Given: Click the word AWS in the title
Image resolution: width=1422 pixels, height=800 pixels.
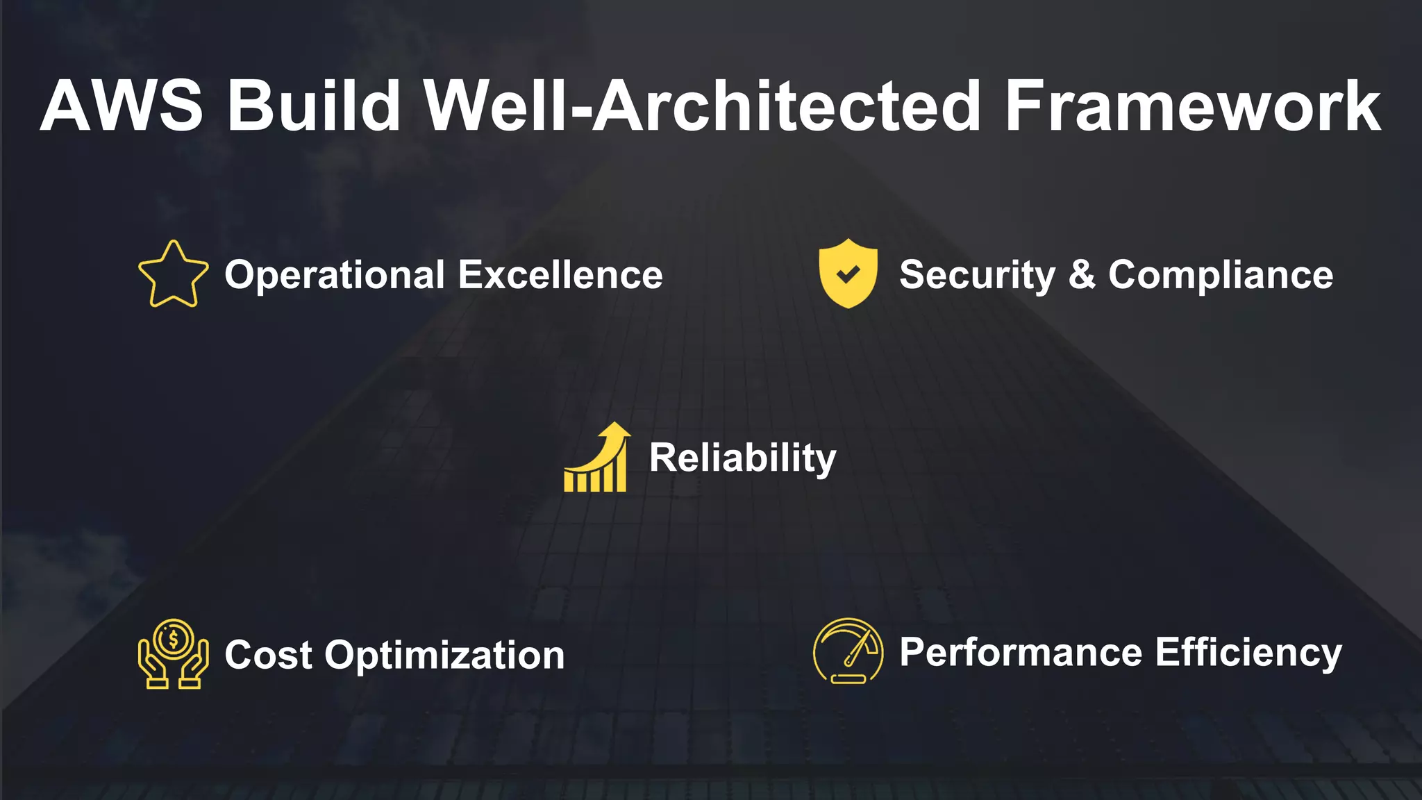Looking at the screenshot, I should [122, 106].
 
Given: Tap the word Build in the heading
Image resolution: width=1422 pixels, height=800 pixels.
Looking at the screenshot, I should [314, 106].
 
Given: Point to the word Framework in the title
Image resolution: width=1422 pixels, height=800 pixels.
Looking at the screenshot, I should [1192, 106].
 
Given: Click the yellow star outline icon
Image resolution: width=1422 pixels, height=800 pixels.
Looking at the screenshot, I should [173, 275].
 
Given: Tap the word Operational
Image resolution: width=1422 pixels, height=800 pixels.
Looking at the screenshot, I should [335, 275].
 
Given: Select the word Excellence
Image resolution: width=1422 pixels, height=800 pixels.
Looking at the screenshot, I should [560, 275].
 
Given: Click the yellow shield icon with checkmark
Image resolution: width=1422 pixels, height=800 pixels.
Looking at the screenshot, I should [848, 274].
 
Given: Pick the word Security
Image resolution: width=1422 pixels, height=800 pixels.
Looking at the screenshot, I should [977, 275].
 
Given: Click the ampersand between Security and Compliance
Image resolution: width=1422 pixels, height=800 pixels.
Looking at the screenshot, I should [1082, 275].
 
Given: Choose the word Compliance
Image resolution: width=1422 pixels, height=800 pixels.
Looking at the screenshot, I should [1221, 275].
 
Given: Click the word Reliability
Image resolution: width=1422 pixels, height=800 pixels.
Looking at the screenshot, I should [742, 458].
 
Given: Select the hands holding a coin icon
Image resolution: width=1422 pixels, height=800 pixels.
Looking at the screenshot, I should [173, 654].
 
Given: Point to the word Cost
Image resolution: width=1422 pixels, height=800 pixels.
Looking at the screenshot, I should [268, 655].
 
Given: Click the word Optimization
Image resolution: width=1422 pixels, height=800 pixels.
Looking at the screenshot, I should [444, 656].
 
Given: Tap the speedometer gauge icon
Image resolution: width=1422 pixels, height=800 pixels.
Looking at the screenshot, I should [848, 651].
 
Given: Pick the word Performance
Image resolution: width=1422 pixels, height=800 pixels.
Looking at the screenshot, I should [1021, 653].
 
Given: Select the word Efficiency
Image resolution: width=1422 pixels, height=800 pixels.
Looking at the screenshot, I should [1248, 653].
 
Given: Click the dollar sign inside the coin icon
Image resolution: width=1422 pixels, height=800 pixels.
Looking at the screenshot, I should [174, 638].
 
